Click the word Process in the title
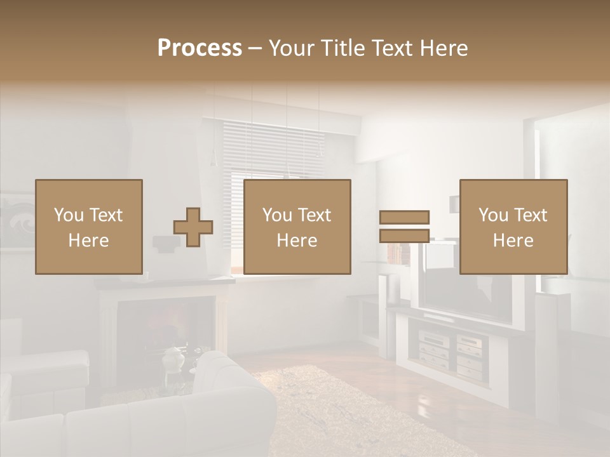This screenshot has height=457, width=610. click(x=200, y=48)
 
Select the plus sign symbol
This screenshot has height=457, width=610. click(x=193, y=227)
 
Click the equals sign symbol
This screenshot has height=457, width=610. click(x=404, y=227)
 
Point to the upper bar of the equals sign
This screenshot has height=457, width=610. click(x=404, y=218)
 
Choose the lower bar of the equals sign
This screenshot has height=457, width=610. click(x=404, y=236)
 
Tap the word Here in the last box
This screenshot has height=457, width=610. click(x=513, y=241)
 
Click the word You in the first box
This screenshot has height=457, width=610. click(x=69, y=215)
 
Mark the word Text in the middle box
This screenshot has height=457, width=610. click(x=315, y=215)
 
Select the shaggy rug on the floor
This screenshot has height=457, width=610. click(x=343, y=413)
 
